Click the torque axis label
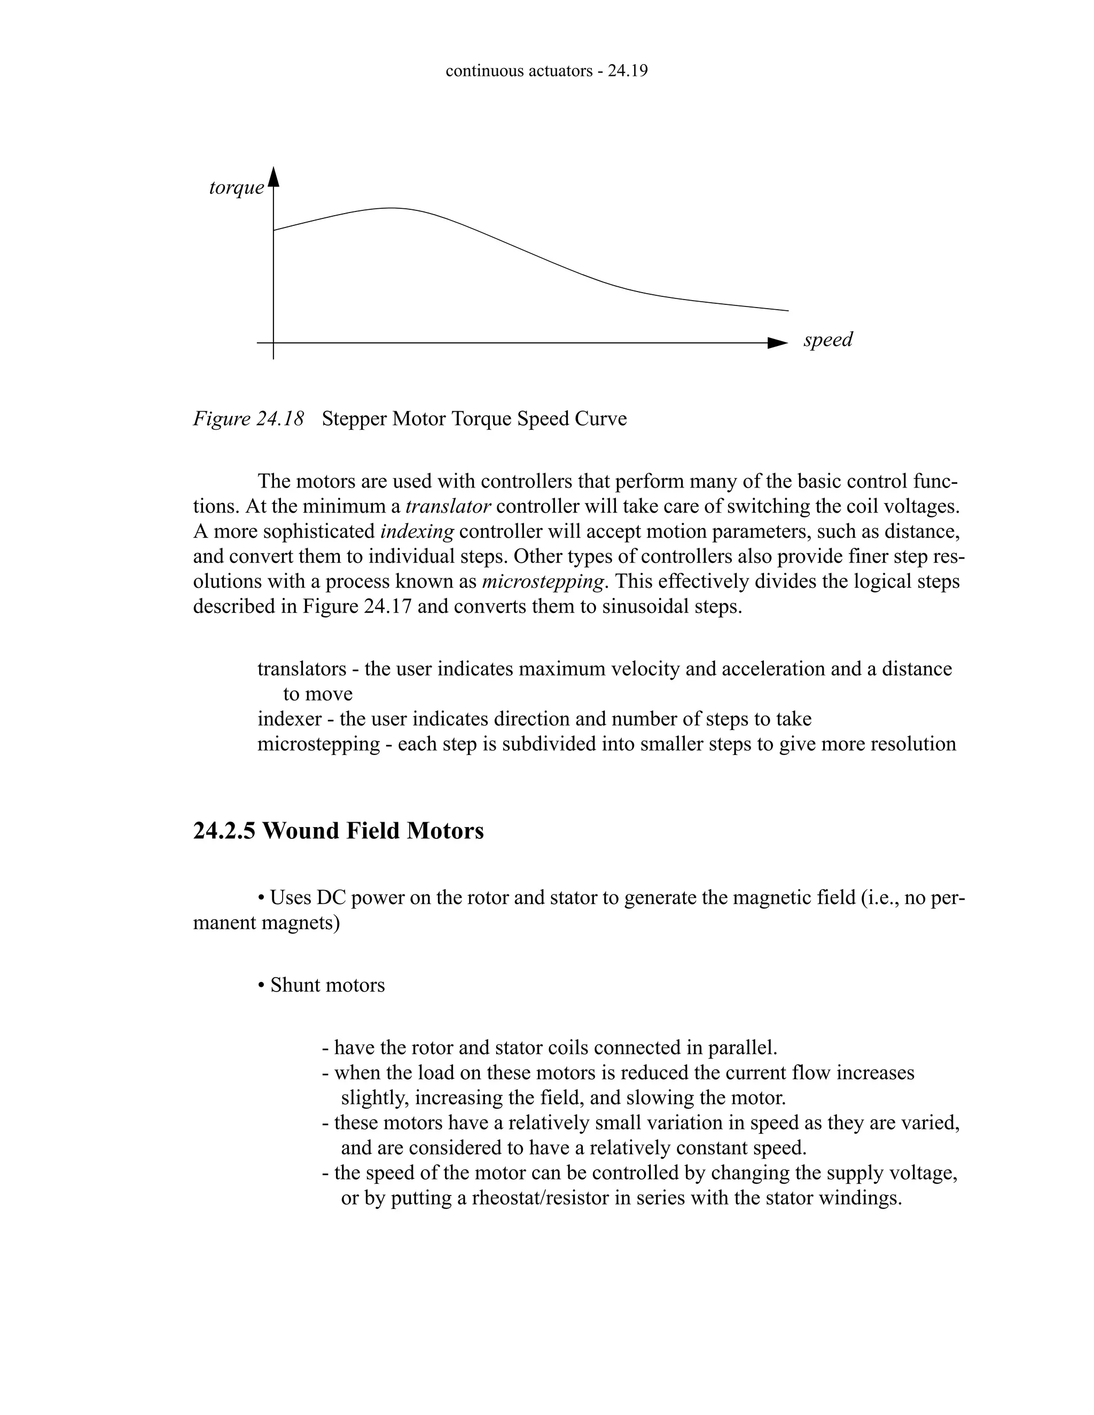pos(237,188)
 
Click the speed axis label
pos(827,340)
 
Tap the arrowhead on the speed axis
pos(776,343)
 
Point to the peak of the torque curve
pos(392,208)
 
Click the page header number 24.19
pos(627,71)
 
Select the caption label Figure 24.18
pos(248,419)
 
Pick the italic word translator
pos(448,506)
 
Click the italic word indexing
pos(417,531)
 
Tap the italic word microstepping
pos(543,582)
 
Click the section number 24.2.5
pos(224,831)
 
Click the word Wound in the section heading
pos(301,831)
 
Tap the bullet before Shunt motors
pos(261,986)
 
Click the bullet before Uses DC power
pos(261,899)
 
